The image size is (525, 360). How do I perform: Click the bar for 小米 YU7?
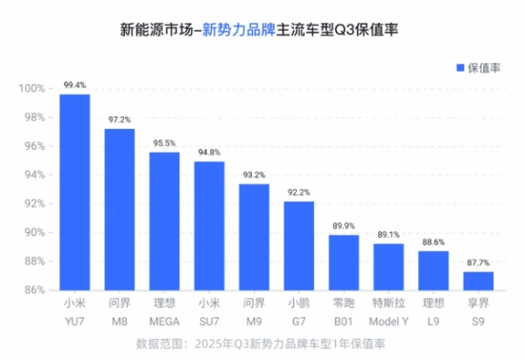point(74,191)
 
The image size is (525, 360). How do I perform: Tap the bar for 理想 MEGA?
point(164,220)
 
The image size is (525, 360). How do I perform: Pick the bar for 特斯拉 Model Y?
point(388,266)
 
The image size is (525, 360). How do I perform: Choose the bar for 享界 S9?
point(477,281)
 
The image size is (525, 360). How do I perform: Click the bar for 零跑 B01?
point(343,262)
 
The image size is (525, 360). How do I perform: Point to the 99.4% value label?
point(74,84)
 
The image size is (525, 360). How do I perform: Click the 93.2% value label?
point(253,174)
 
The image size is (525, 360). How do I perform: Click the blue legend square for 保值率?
point(458,68)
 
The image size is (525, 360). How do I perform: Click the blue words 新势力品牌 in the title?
point(238,32)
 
